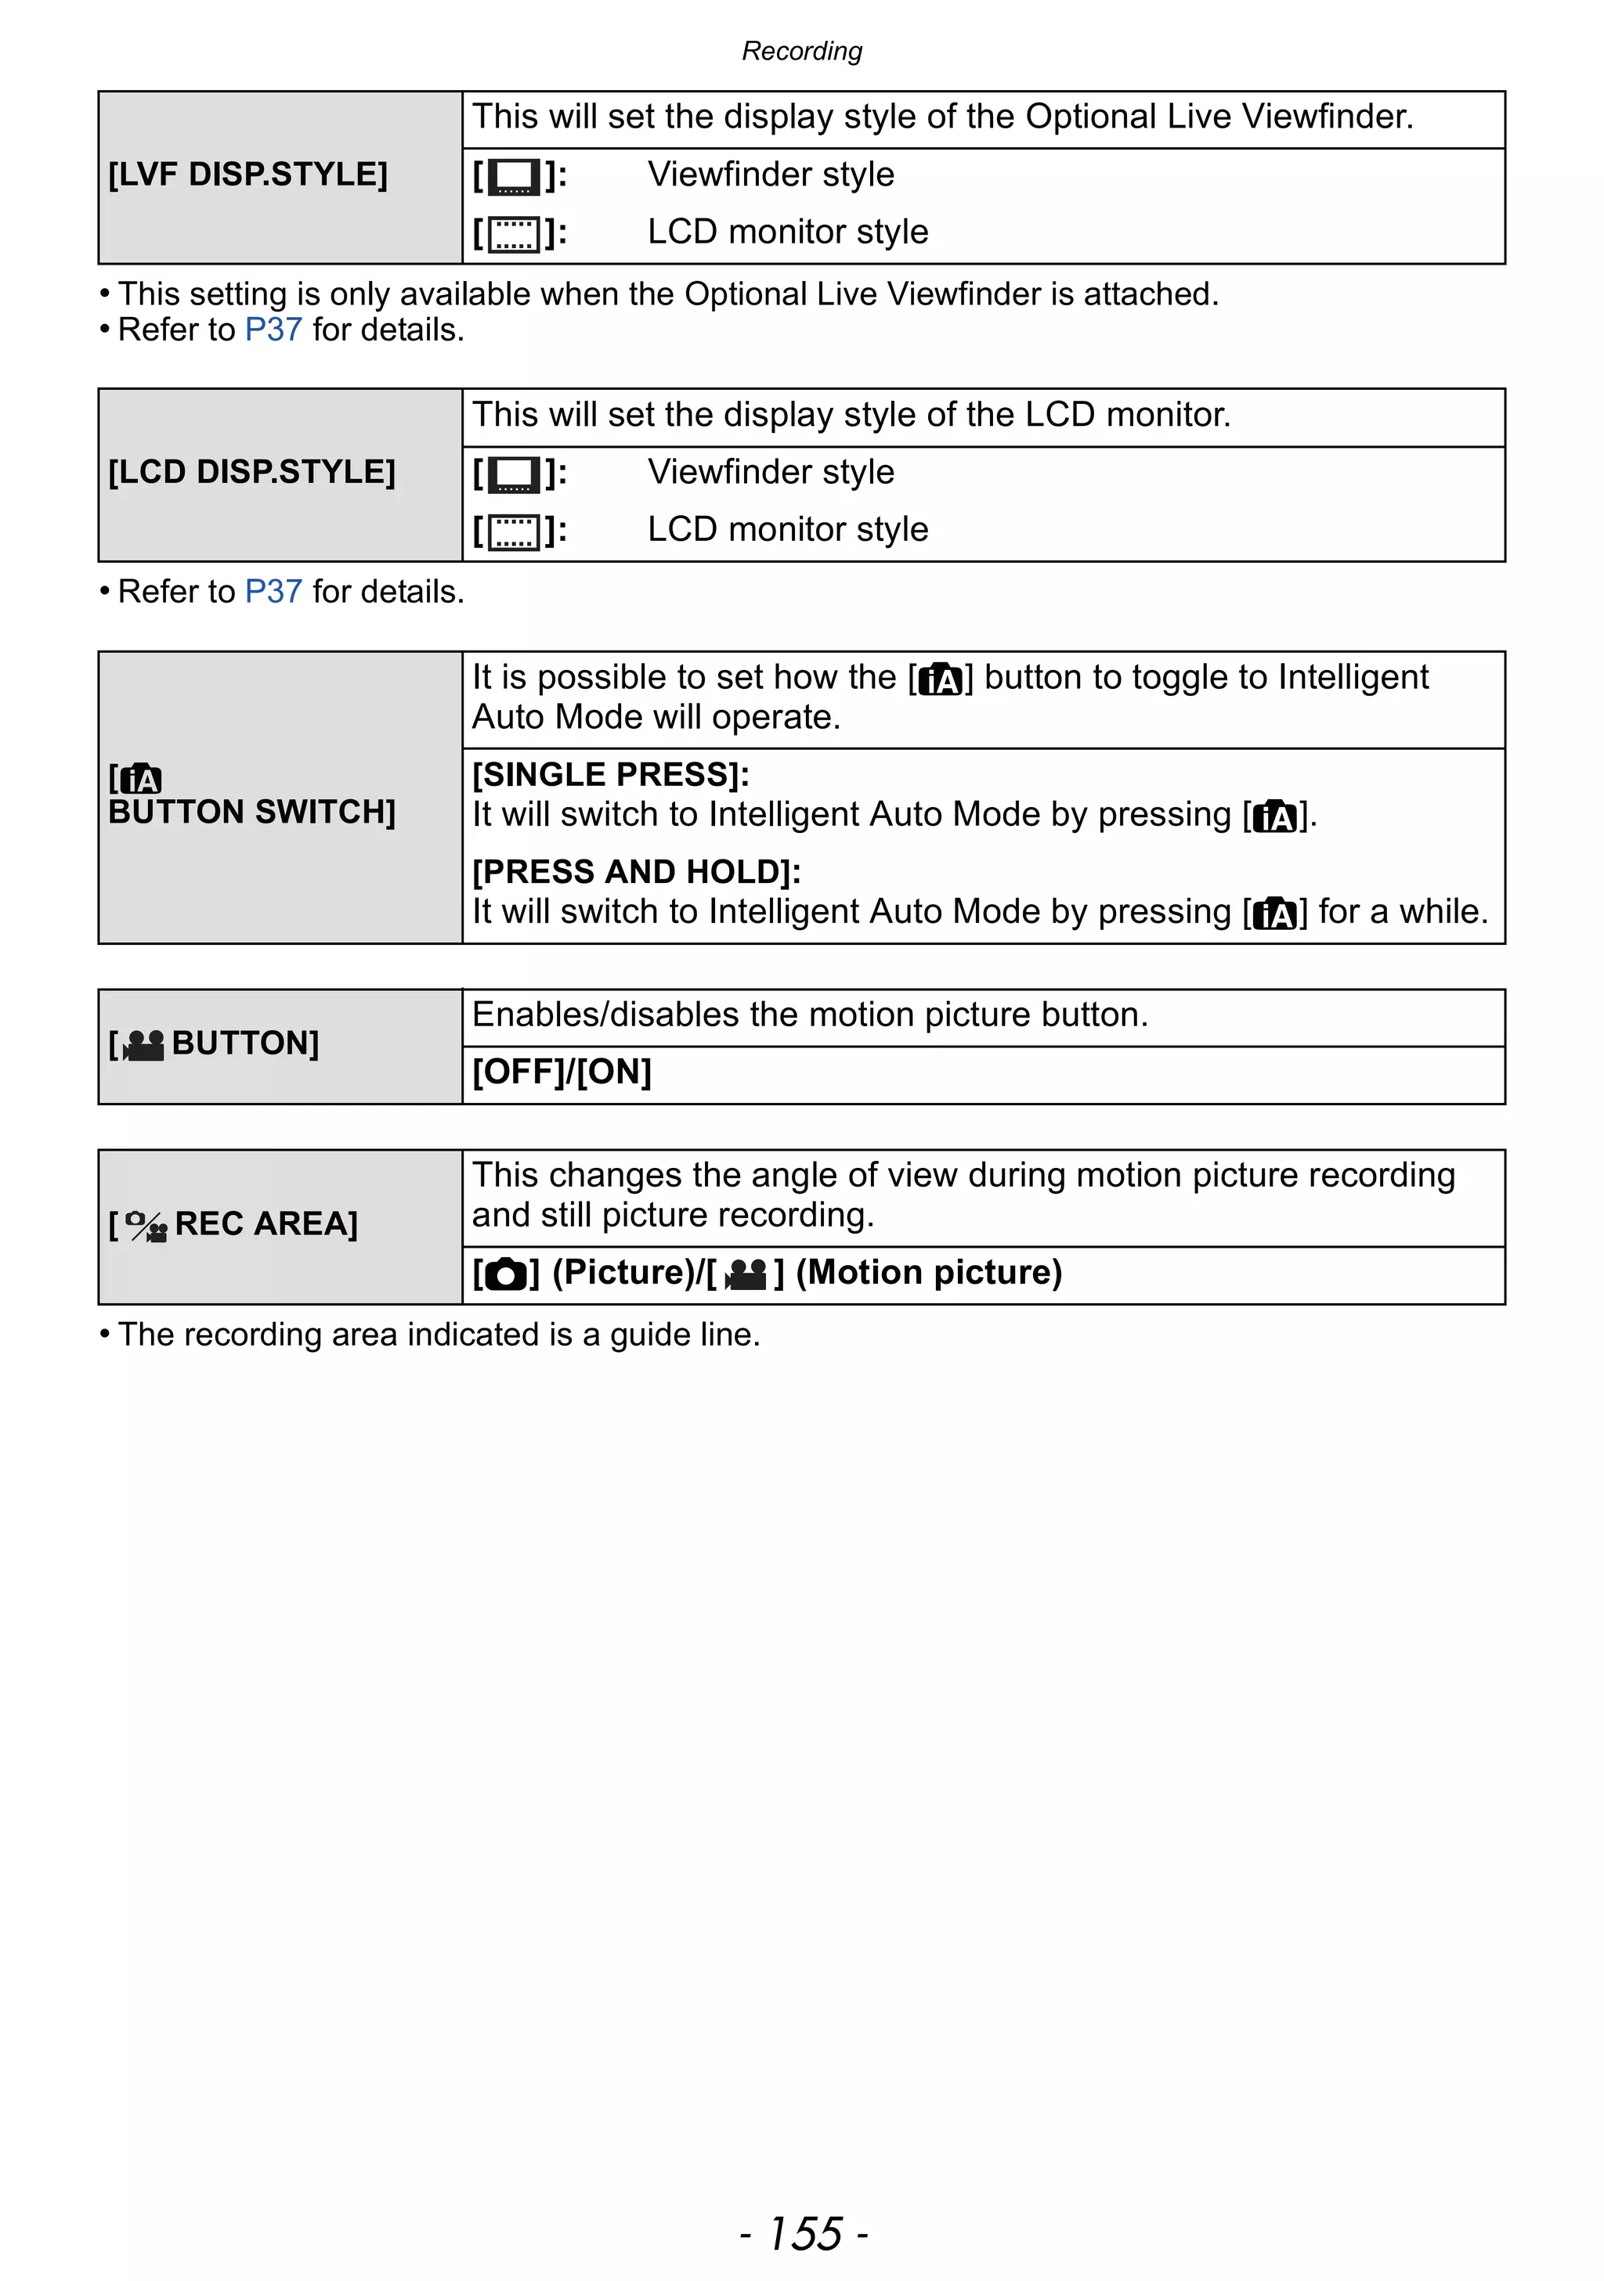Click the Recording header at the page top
tap(802, 51)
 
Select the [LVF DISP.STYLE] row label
tap(247, 175)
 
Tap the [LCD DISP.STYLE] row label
tap(251, 472)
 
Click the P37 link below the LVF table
tap(273, 330)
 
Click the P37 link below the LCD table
tap(273, 592)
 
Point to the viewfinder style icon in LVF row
tap(514, 177)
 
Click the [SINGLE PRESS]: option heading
tap(610, 775)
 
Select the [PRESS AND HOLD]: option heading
tap(636, 872)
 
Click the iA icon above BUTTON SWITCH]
tap(140, 779)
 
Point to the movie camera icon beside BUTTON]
tap(144, 1045)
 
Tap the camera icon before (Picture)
tap(506, 1274)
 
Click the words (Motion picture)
tap(928, 1273)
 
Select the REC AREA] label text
tap(266, 1224)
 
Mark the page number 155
tap(804, 2233)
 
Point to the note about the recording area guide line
tap(437, 1334)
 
